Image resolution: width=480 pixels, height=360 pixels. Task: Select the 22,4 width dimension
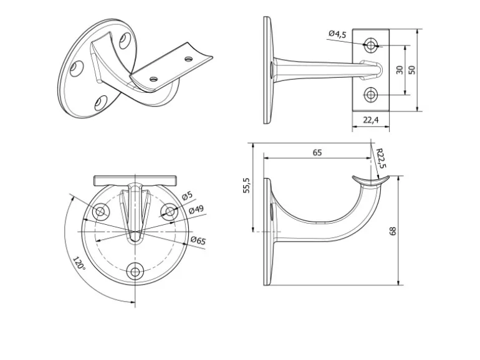(370, 120)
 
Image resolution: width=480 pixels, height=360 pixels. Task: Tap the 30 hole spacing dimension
(399, 70)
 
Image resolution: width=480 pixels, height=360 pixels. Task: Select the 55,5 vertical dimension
(246, 186)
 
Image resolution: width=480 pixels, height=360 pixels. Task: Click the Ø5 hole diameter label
(186, 197)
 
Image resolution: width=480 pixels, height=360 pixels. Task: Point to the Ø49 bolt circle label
(196, 211)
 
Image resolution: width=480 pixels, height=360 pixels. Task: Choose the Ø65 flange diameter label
(198, 240)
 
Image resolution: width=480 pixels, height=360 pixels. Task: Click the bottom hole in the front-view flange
(135, 271)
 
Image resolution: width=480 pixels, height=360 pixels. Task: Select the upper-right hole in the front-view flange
(170, 212)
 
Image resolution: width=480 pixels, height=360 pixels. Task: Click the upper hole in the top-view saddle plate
(371, 45)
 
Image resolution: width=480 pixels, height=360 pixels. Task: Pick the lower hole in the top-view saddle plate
(371, 95)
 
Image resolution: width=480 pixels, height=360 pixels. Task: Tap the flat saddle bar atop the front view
(135, 181)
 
